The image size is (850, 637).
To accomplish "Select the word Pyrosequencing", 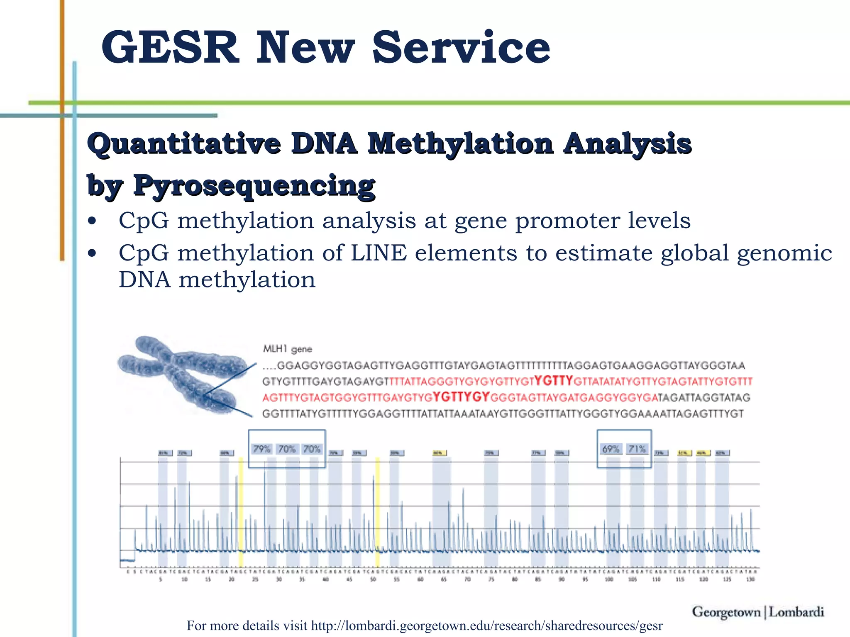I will coord(254,185).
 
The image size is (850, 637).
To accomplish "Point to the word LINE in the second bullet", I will coord(379,253).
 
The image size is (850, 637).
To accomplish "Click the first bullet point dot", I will coord(92,221).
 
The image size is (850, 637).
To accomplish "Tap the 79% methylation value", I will coord(262,449).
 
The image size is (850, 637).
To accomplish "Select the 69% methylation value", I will coord(611,449).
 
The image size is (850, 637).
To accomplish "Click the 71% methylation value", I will coord(637,449).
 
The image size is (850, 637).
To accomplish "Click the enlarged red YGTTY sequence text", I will coord(554,380).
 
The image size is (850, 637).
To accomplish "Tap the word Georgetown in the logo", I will coord(726,612).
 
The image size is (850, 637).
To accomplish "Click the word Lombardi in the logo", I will coord(796,612).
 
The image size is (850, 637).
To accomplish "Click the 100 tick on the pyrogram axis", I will coord(609,579).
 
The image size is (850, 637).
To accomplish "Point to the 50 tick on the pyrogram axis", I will coord(373,579).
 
